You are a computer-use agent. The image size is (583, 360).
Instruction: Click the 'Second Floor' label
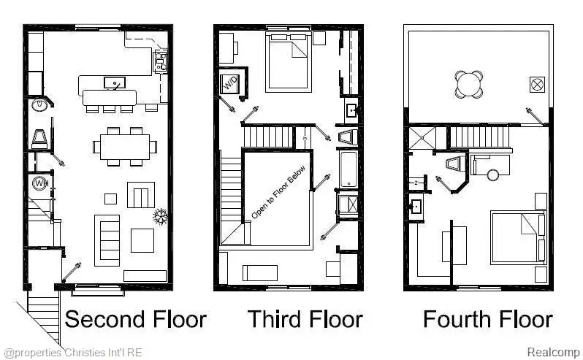coord(136,319)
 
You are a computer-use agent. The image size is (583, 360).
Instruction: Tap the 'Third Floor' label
coord(304,319)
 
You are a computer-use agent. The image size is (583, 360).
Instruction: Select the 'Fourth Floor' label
coord(487,319)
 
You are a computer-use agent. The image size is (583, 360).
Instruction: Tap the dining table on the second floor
coord(125,145)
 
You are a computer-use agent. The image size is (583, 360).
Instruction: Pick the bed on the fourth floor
coord(517,237)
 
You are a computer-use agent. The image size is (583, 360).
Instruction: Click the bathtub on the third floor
coord(347,168)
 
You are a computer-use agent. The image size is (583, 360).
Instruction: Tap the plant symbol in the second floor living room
coord(159,216)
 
